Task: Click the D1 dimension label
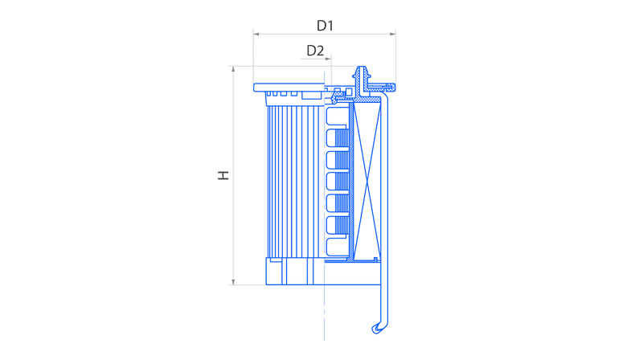pyautogui.click(x=325, y=26)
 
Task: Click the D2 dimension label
pyautogui.click(x=315, y=51)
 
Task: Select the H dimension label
pyautogui.click(x=223, y=175)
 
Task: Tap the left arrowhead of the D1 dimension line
pyautogui.click(x=256, y=34)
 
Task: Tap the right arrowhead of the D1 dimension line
pyautogui.click(x=393, y=34)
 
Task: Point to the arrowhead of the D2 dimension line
pyautogui.click(x=328, y=59)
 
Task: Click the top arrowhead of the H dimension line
pyautogui.click(x=233, y=69)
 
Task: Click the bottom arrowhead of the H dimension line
pyautogui.click(x=233, y=282)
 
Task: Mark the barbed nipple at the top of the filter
pyautogui.click(x=361, y=74)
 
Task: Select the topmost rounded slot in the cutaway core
pyautogui.click(x=336, y=116)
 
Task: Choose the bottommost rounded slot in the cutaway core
pyautogui.click(x=337, y=247)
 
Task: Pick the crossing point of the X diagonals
pyautogui.click(x=367, y=181)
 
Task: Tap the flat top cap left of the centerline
pyautogui.click(x=289, y=88)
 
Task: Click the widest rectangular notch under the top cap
pyautogui.click(x=311, y=96)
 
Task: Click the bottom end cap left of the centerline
pyautogui.click(x=295, y=272)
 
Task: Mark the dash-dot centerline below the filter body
pyautogui.click(x=325, y=313)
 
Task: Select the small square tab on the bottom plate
pyautogui.click(x=375, y=259)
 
